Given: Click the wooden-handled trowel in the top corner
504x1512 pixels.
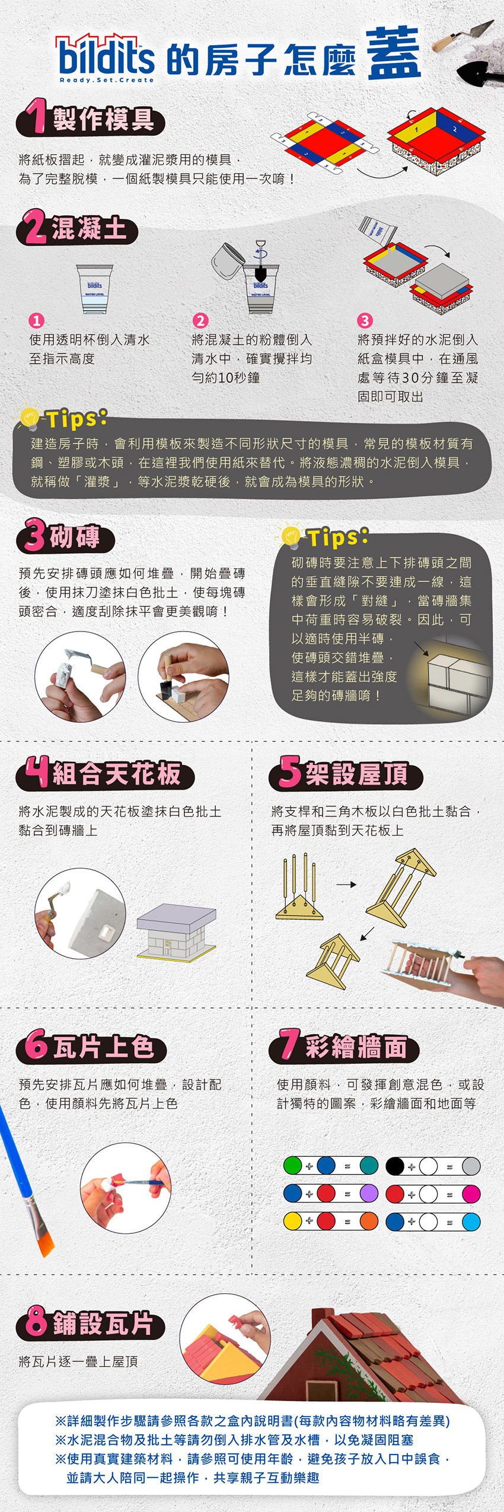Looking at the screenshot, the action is (x=462, y=36).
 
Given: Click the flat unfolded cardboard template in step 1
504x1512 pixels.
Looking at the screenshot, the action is (x=324, y=142).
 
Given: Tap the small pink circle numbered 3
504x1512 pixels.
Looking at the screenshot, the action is (x=364, y=321).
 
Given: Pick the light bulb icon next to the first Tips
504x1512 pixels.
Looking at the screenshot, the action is (x=28, y=418).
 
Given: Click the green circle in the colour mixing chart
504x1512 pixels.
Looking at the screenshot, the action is (x=293, y=1165).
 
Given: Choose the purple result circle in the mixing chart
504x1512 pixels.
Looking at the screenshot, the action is (x=369, y=1193).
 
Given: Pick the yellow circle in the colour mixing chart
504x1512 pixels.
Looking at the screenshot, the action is (x=293, y=1221).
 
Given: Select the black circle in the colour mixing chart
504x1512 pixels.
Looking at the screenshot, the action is (x=395, y=1165).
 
